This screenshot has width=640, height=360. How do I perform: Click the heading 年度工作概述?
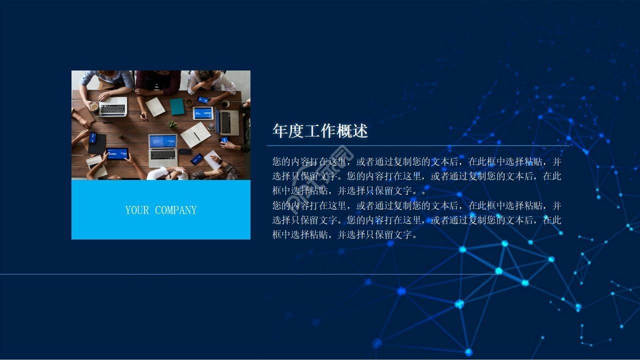(320, 131)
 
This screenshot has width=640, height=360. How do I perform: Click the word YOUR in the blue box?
(137, 210)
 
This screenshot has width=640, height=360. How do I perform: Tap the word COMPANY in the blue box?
(175, 210)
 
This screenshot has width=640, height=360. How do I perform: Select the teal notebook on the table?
(177, 106)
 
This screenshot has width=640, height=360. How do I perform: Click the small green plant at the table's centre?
(172, 124)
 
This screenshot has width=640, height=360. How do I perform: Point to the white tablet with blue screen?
(203, 113)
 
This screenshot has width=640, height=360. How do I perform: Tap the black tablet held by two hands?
(117, 153)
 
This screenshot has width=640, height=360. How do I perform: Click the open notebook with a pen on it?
(195, 134)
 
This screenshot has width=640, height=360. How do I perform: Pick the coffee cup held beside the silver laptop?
(93, 106)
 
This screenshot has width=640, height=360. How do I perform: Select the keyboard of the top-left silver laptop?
(113, 108)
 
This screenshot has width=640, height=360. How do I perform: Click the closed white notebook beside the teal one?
(155, 106)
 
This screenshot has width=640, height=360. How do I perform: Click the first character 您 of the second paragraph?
(277, 205)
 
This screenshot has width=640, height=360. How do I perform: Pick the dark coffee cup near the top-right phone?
(225, 104)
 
